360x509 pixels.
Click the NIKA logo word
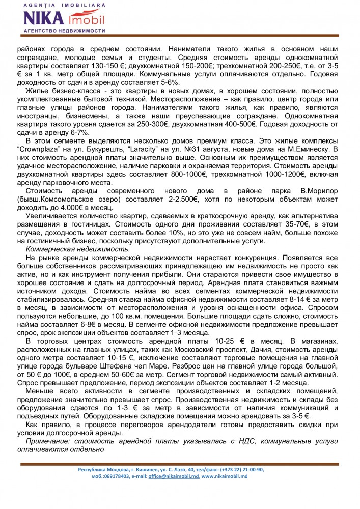pos(44,19)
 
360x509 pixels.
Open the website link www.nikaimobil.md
pos(224,476)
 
